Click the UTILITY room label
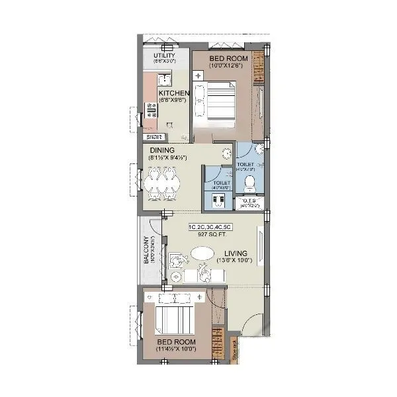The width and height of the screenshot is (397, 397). (x=164, y=56)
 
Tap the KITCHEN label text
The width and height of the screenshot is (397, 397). (x=174, y=94)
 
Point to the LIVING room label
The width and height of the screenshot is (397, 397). (x=236, y=253)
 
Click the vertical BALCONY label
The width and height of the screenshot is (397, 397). (x=146, y=250)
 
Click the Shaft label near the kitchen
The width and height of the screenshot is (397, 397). (x=155, y=137)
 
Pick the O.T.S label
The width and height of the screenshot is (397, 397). (x=250, y=200)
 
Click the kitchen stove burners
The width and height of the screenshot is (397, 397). (x=152, y=109)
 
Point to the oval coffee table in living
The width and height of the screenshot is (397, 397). (x=203, y=253)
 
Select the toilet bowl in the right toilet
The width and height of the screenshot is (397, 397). (x=250, y=181)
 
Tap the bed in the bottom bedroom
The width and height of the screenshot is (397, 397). (x=173, y=320)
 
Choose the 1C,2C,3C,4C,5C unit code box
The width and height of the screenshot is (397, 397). (x=208, y=227)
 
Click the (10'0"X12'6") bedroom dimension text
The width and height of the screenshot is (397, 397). (x=228, y=66)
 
